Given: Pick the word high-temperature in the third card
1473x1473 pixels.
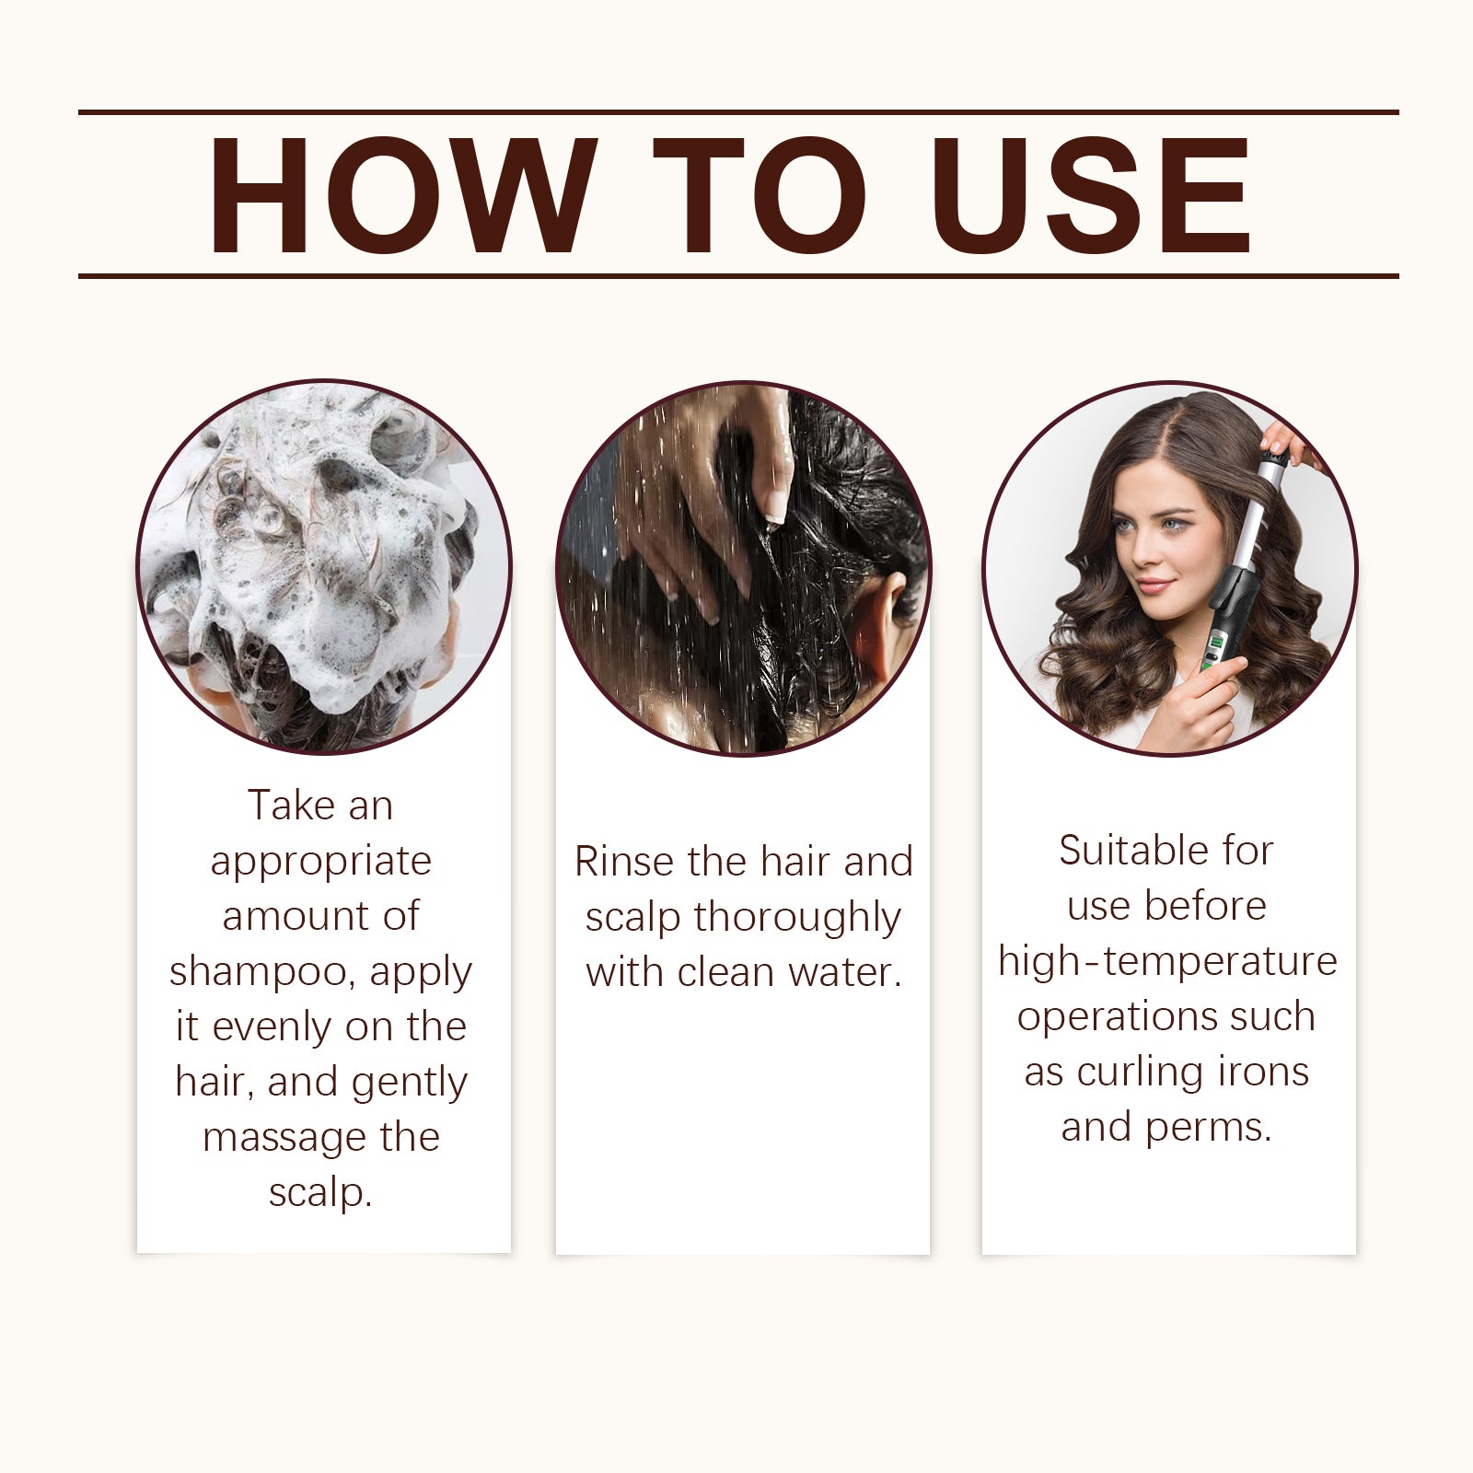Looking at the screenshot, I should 1167,961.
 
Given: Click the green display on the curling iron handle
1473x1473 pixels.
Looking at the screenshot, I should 1214,648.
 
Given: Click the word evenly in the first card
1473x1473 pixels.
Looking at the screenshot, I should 273,1027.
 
